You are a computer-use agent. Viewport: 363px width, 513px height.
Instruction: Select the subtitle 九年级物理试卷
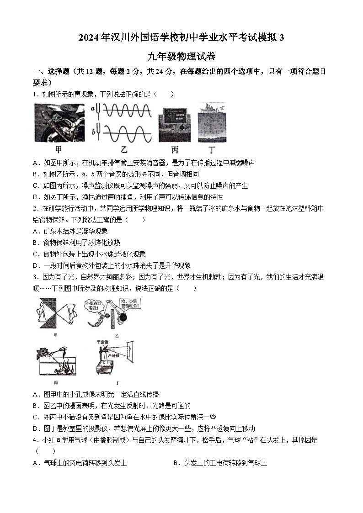(181, 57)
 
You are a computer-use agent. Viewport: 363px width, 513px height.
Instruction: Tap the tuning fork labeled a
(97, 110)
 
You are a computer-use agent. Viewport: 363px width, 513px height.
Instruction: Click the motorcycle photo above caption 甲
(59, 123)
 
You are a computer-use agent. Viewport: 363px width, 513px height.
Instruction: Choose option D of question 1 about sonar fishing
(128, 197)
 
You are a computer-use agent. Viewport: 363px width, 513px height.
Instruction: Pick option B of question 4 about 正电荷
(220, 463)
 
